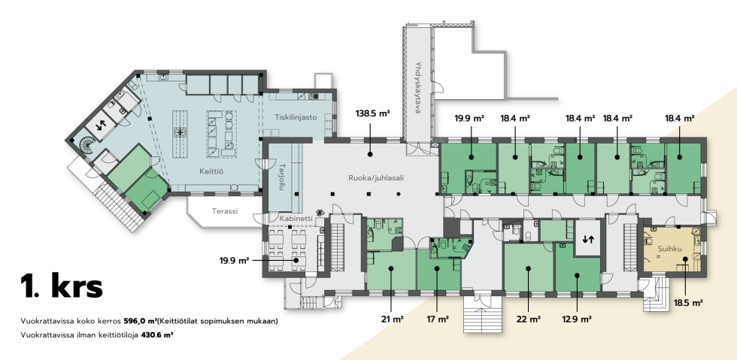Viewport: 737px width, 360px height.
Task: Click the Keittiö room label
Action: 211,172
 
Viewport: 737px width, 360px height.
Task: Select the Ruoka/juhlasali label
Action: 376,178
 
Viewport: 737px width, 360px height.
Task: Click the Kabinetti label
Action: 296,219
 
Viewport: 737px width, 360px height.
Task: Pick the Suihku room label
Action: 669,248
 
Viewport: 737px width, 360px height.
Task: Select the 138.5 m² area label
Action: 373,113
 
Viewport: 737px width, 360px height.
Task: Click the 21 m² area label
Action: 393,319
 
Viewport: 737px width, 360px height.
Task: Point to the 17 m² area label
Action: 437,319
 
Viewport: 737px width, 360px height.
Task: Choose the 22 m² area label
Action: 528,319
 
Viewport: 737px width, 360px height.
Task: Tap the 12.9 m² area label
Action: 577,319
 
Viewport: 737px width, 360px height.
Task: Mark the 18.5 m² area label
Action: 687,303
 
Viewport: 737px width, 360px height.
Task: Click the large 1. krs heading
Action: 61,286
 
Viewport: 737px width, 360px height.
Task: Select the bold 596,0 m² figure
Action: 141,322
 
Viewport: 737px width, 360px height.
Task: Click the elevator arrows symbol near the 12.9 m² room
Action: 588,239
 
